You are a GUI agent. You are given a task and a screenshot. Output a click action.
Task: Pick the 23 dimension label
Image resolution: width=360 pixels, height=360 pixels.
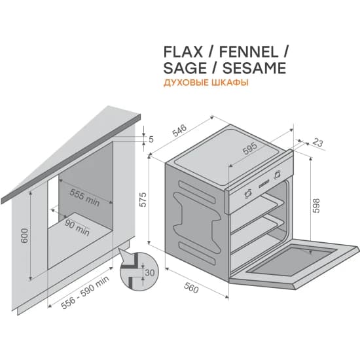point(319,142)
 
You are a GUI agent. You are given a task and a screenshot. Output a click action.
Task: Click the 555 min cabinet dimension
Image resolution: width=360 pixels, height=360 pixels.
point(84,196)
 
